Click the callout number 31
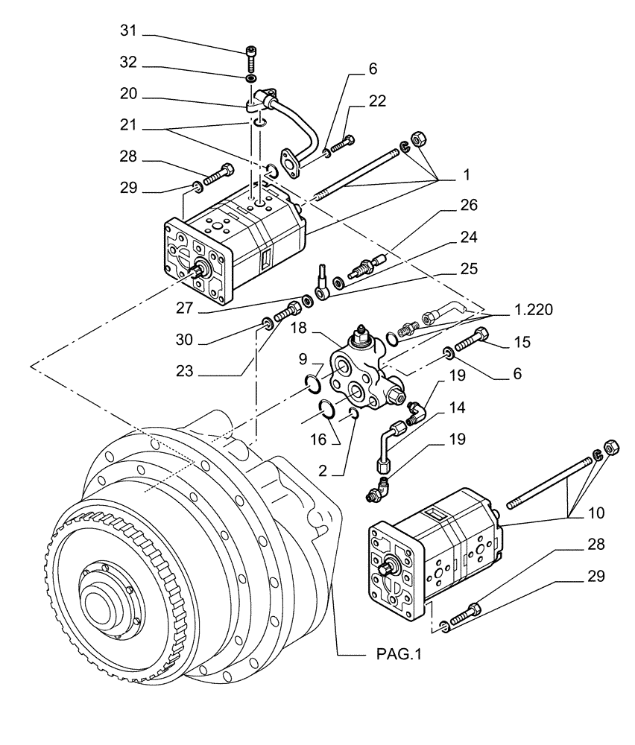click(x=129, y=32)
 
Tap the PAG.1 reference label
click(x=396, y=655)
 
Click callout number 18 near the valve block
click(x=297, y=327)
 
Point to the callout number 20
click(x=129, y=95)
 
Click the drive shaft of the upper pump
click(x=199, y=273)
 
